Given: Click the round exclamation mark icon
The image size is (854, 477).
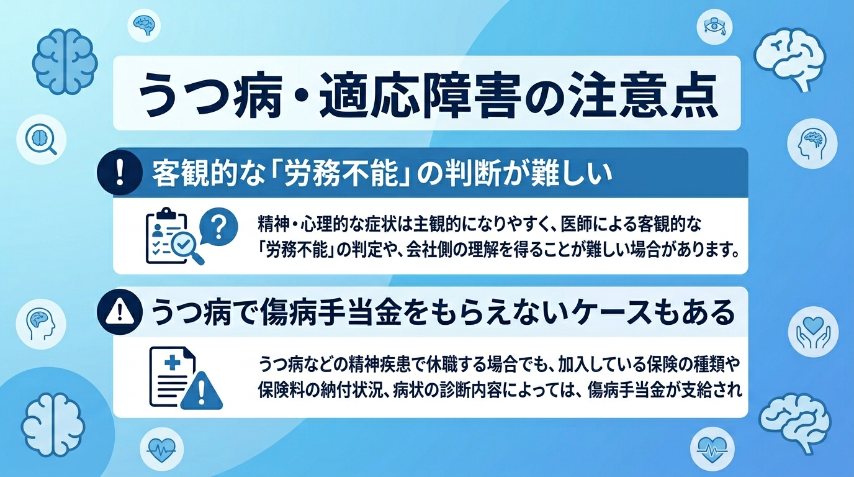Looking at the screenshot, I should coord(120,172).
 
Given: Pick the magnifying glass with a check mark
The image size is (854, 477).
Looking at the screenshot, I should coord(188,247).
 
